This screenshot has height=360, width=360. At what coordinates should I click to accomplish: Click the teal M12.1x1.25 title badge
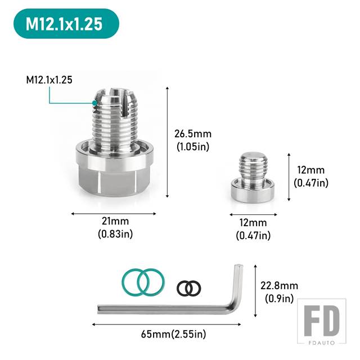point(66,24)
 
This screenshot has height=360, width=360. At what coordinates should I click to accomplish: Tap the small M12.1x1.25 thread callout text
point(49,80)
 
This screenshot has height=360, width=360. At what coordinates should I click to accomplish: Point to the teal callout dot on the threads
point(94,103)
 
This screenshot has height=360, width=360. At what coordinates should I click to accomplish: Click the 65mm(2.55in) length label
point(174,334)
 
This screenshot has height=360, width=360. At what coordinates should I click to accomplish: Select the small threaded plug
point(254,177)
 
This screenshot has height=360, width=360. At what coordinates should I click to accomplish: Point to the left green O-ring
point(136,282)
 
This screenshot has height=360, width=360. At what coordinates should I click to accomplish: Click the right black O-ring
point(193,288)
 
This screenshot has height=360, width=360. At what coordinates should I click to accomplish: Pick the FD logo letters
point(322,321)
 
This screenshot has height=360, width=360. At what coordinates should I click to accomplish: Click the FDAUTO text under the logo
point(322,343)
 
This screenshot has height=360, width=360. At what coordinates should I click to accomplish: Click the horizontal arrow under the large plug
point(114,214)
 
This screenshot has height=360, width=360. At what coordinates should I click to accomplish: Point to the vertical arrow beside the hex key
point(255,291)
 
